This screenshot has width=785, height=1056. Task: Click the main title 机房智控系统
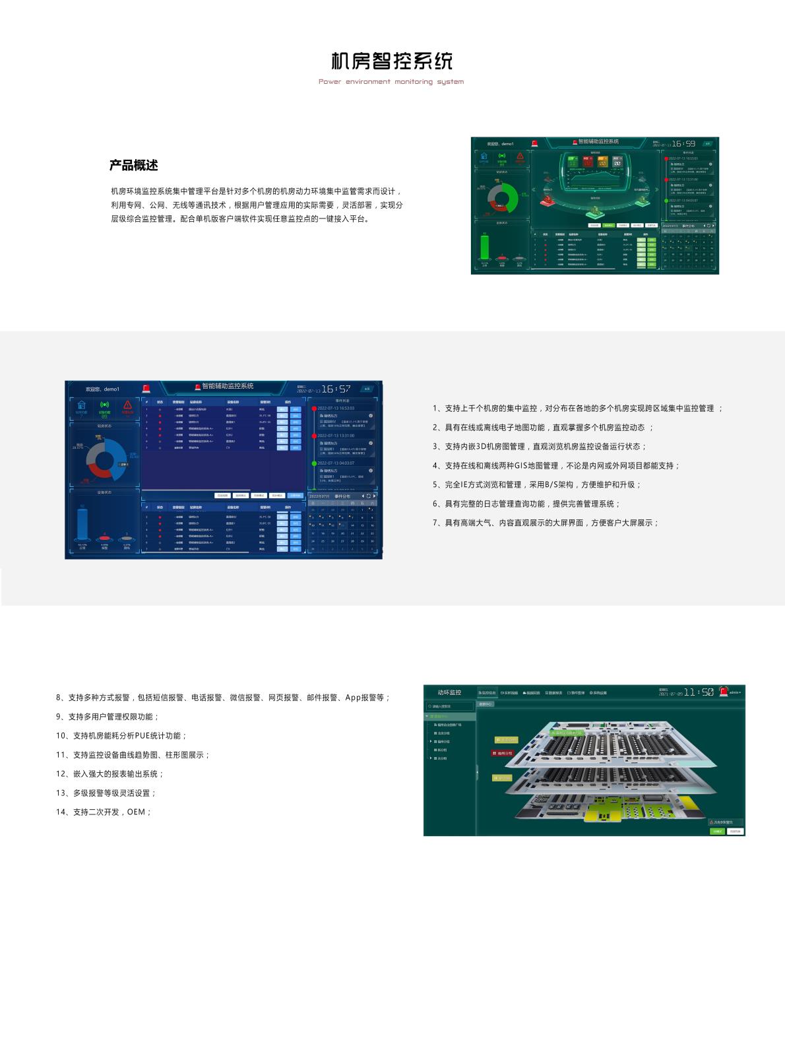pyautogui.click(x=392, y=61)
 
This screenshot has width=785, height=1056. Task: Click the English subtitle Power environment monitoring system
pyautogui.click(x=391, y=82)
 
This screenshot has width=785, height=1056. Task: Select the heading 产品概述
pyautogui.click(x=133, y=165)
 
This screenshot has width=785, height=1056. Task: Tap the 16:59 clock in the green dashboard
pyautogui.click(x=684, y=143)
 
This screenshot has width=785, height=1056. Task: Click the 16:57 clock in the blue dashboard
pyautogui.click(x=336, y=389)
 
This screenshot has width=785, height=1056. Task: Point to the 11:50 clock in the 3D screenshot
pyautogui.click(x=699, y=692)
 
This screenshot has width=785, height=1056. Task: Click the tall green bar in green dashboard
pyautogui.click(x=485, y=247)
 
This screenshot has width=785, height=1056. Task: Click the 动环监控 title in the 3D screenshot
pyautogui.click(x=449, y=692)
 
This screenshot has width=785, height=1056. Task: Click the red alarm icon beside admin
pyautogui.click(x=724, y=692)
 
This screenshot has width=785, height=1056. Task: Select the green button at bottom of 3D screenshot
pyautogui.click(x=717, y=831)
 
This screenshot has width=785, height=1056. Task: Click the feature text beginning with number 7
pyautogui.click(x=546, y=523)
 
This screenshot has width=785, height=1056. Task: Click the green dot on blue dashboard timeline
pyautogui.click(x=314, y=463)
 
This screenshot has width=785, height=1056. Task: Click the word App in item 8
pyautogui.click(x=354, y=697)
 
